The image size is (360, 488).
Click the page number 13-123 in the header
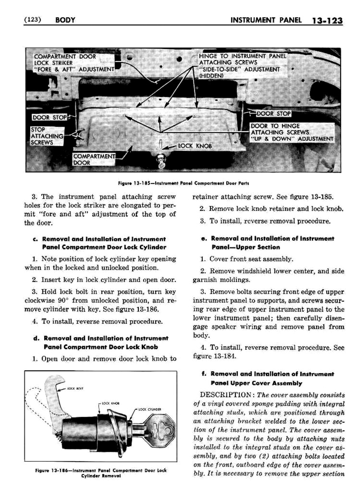pyautogui.click(x=328, y=21)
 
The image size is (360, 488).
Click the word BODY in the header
pyautogui.click(x=65, y=20)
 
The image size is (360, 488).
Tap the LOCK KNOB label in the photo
pyautogui.click(x=195, y=146)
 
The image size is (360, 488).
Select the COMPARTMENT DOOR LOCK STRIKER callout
pyautogui.click(x=74, y=63)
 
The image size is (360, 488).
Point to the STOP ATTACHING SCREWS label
pyautogui.click(x=46, y=136)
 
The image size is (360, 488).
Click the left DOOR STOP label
pyautogui.click(x=50, y=117)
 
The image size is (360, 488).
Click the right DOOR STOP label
pyautogui.click(x=274, y=114)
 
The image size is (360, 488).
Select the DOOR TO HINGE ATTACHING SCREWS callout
pyautogui.click(x=292, y=132)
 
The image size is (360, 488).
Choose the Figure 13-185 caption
pyautogui.click(x=183, y=183)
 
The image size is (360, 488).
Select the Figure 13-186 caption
pyautogui.click(x=101, y=473)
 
